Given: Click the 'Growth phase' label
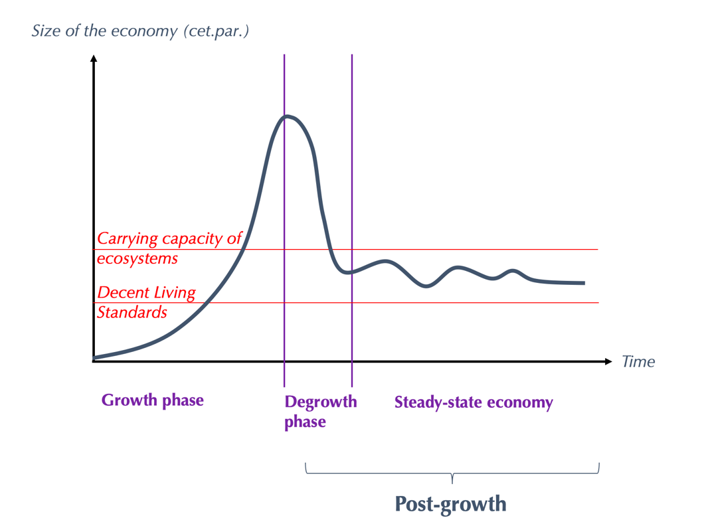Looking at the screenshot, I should tap(152, 400).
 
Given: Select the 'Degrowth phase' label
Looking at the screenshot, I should tap(320, 411).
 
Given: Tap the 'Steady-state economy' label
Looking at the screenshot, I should tap(474, 402).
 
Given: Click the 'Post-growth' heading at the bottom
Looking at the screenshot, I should tap(450, 503).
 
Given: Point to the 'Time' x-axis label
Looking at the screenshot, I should tap(638, 362).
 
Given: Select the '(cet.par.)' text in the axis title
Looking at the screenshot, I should tap(218, 31).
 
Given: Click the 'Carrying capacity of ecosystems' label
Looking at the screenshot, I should tap(169, 248).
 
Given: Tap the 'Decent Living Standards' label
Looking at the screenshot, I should tap(146, 302).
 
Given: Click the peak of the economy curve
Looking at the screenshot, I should tap(287, 116).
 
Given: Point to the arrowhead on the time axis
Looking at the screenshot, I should tap(608, 362).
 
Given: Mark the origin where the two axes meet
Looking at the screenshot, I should tap(94, 362).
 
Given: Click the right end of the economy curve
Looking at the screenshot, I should tap(584, 283).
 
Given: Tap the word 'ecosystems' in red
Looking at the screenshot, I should tap(137, 258).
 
